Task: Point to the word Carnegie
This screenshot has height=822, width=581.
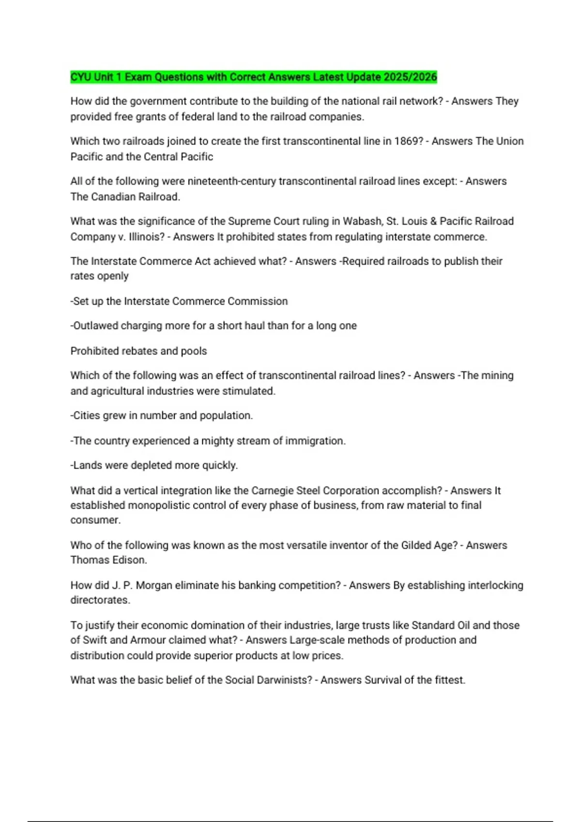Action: [272, 491]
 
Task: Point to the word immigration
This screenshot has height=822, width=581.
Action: [315, 441]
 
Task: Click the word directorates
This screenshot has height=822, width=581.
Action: [100, 600]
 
